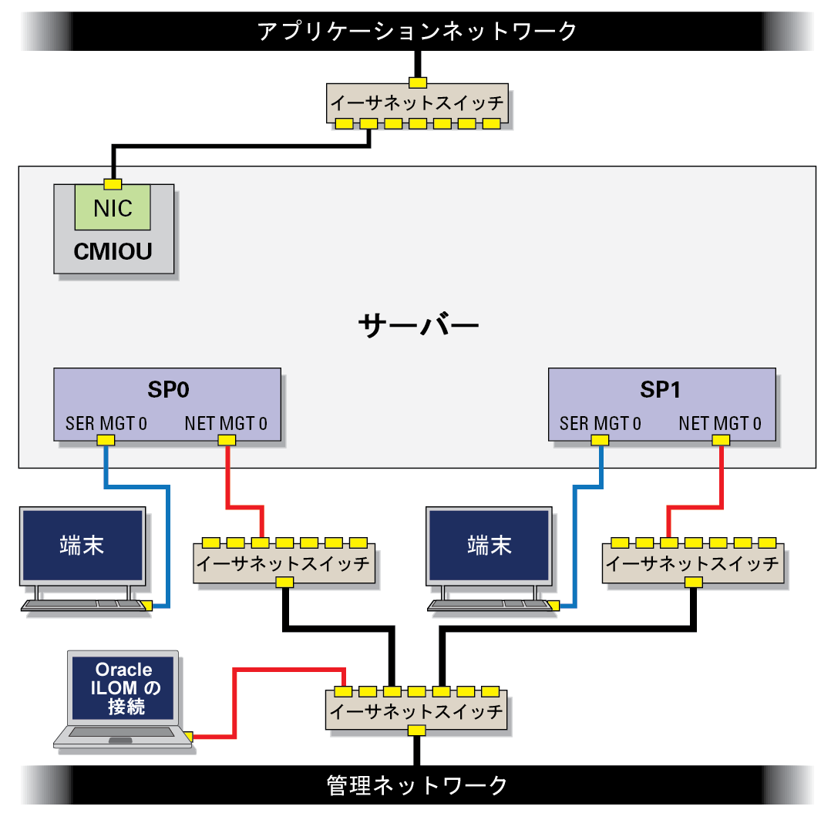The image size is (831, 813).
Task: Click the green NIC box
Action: pyautogui.click(x=113, y=207)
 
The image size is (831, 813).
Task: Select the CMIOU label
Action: pyautogui.click(x=113, y=251)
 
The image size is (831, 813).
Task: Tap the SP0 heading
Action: pyautogui.click(x=168, y=390)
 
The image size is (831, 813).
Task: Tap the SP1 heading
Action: pyautogui.click(x=661, y=390)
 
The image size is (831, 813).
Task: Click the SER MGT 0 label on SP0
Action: pyautogui.click(x=106, y=424)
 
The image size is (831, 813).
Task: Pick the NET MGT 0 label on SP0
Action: pyautogui.click(x=226, y=424)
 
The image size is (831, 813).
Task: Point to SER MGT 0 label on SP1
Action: pyautogui.click(x=601, y=424)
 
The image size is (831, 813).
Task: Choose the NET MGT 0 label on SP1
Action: pyautogui.click(x=720, y=424)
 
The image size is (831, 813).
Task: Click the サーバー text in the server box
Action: pyautogui.click(x=418, y=324)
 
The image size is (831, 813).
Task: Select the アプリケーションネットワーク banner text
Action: pyautogui.click(x=417, y=32)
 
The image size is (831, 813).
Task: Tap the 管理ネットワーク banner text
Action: pyautogui.click(x=417, y=785)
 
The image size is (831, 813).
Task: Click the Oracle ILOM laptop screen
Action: pyautogui.click(x=123, y=688)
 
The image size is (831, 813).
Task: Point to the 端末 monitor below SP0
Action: pyautogui.click(x=82, y=546)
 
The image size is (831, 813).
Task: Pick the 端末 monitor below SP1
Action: pyautogui.click(x=490, y=546)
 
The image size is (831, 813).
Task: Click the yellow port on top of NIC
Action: pyautogui.click(x=113, y=184)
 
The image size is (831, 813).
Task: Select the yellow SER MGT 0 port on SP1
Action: pyautogui.click(x=600, y=440)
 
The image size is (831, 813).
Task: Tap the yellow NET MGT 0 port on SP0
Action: pyautogui.click(x=227, y=440)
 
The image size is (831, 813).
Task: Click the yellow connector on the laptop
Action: pyautogui.click(x=188, y=736)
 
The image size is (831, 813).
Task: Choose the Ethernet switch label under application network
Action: pyautogui.click(x=417, y=102)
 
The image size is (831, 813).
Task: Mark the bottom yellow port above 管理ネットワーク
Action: pyautogui.click(x=416, y=731)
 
